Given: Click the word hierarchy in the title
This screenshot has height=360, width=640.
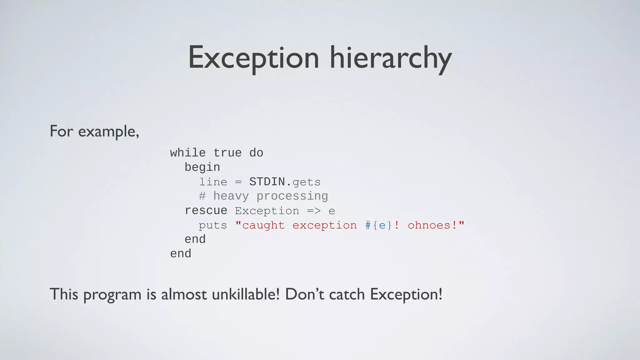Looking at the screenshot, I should pos(391,58).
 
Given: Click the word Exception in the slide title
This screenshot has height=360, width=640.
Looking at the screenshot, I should pos(253,58).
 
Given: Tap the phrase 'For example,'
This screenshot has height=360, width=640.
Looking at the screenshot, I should pos(94,131).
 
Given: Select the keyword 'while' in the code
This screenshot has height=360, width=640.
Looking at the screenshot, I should pos(188,153).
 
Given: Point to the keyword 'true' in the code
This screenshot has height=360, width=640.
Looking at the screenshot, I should pos(227,153).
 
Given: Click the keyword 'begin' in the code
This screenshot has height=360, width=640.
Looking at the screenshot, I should pos(202,167).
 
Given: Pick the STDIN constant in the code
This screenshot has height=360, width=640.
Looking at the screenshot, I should pos(267,182).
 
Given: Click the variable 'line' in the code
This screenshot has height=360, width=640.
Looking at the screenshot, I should pos(213,182).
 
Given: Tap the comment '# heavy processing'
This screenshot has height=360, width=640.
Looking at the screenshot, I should pos(263,196).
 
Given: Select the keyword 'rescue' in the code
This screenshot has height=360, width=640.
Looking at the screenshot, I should pos(206,210).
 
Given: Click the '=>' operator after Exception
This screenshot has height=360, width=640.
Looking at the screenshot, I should pos(313,211).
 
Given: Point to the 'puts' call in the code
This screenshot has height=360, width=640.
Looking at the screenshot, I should pos(213,225).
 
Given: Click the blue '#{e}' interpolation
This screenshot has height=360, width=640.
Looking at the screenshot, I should pos(379,225).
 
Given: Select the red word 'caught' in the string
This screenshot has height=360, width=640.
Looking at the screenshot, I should pos(263,225).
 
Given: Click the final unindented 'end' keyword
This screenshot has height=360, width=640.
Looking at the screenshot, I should pos(181,253).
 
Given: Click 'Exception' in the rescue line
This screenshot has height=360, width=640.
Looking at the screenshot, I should pos(267,211).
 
